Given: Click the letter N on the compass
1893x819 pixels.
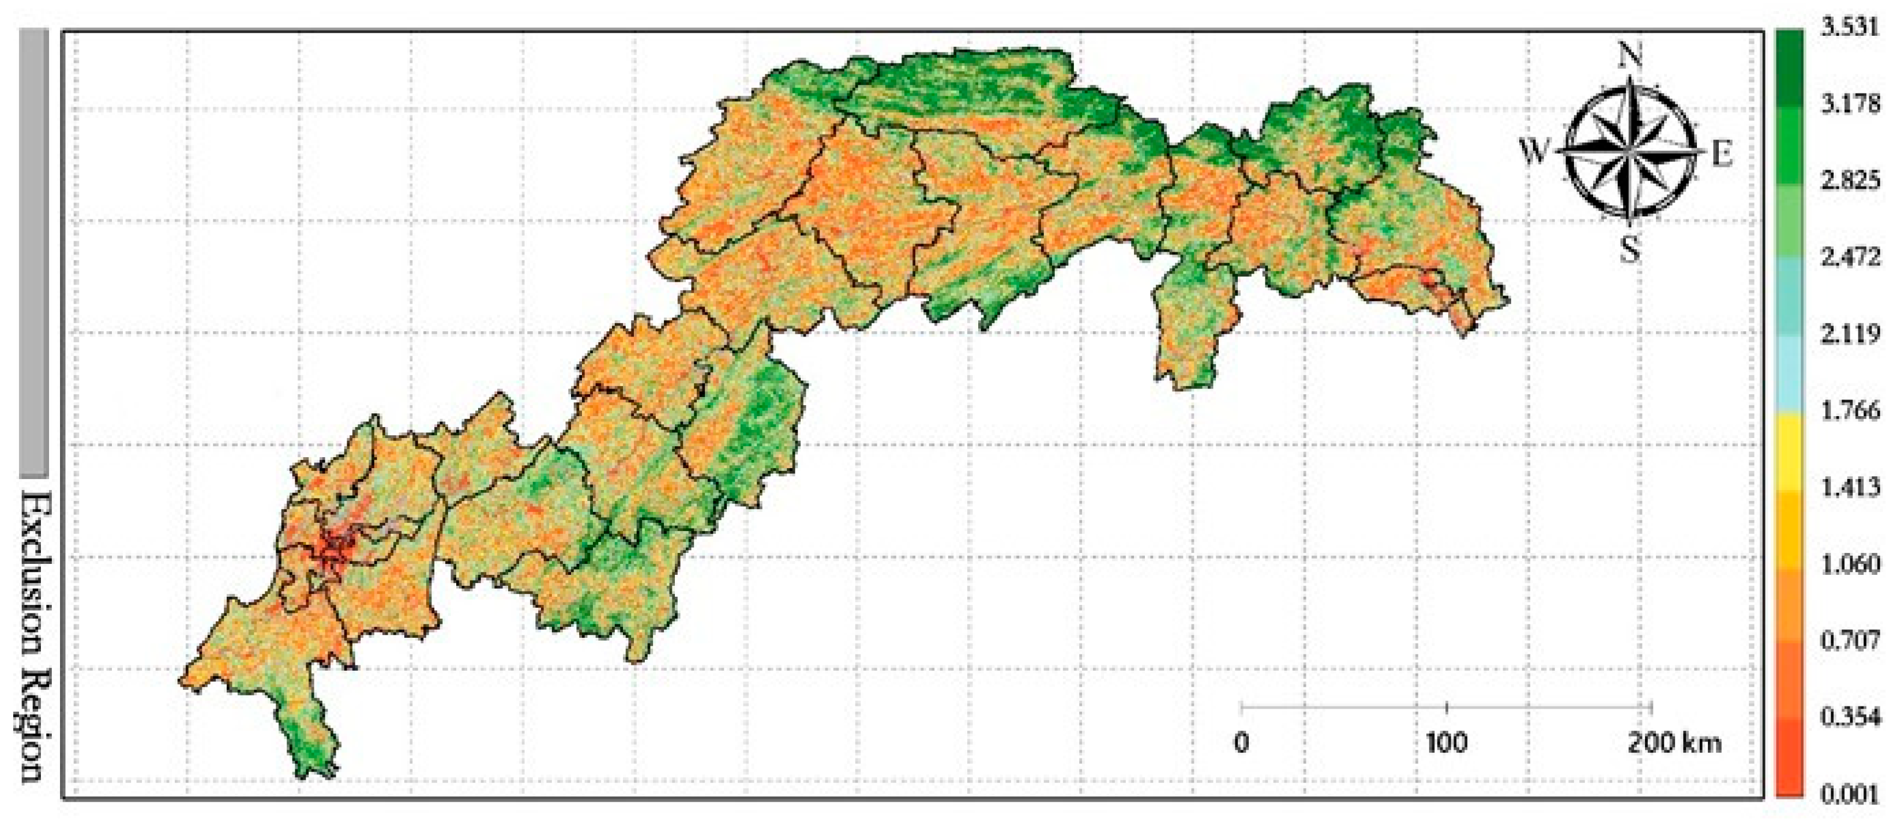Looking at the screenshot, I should (x=1630, y=54).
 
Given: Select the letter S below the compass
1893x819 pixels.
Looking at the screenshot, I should (x=1631, y=250).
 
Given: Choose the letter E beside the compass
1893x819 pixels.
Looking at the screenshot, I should (x=1722, y=154).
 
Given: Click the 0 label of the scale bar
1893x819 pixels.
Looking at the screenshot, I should (x=1241, y=743).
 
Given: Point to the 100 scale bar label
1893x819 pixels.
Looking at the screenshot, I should (x=1446, y=743).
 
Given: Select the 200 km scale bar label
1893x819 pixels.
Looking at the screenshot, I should (x=1673, y=743).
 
